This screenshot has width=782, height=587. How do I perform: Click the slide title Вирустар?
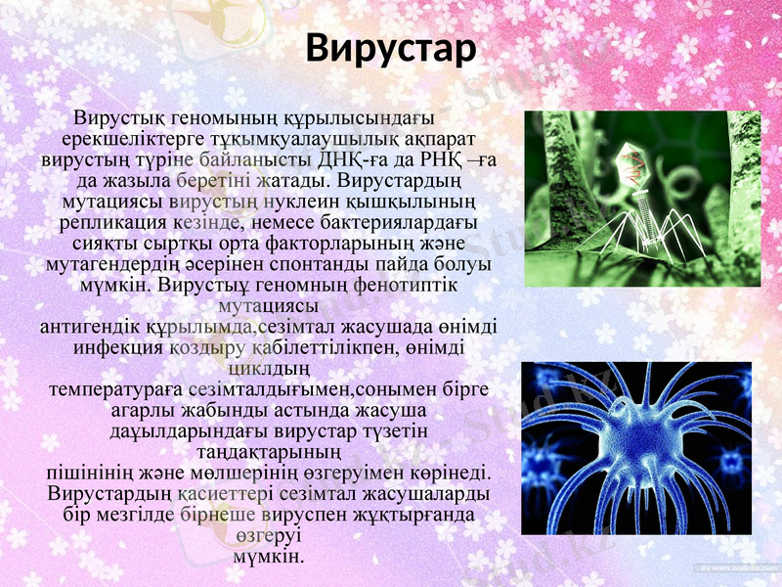(390, 47)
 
